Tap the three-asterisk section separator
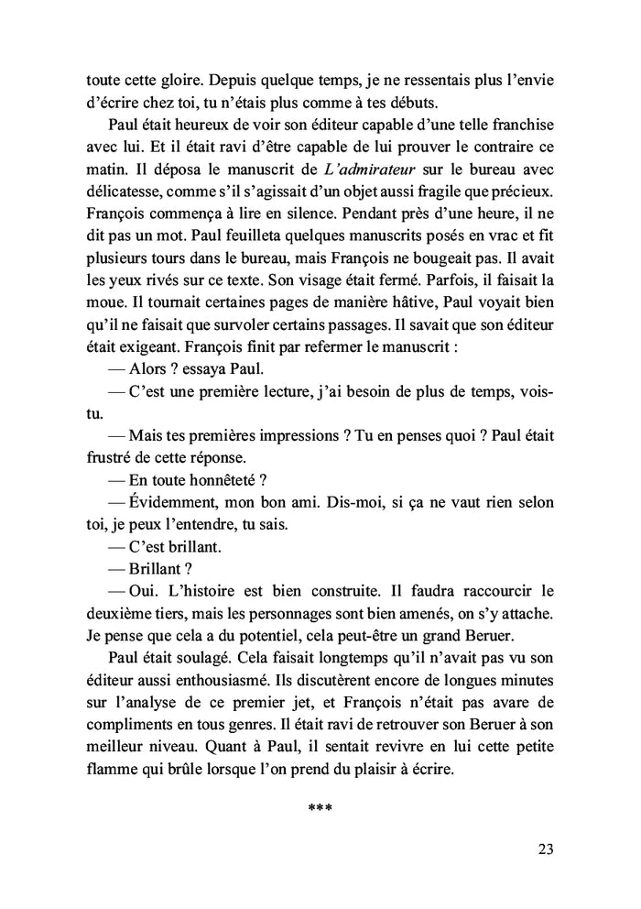pyautogui.click(x=320, y=808)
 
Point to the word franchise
pyautogui.click(x=532, y=122)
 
